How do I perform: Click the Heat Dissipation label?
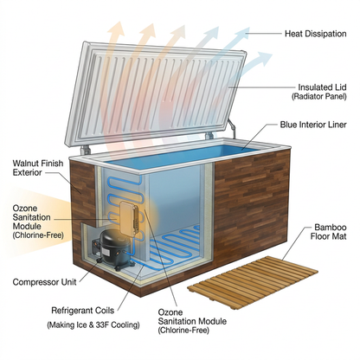[316, 34]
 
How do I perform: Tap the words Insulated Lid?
[322, 87]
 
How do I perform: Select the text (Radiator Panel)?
[318, 96]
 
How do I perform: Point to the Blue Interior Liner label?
[313, 125]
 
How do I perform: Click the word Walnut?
[24, 164]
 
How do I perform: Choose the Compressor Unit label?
[45, 282]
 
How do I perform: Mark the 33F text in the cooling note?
[103, 325]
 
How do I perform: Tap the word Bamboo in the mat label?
[331, 228]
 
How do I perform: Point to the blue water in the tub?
[184, 156]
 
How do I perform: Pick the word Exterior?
[28, 172]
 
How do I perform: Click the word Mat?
[339, 236]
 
